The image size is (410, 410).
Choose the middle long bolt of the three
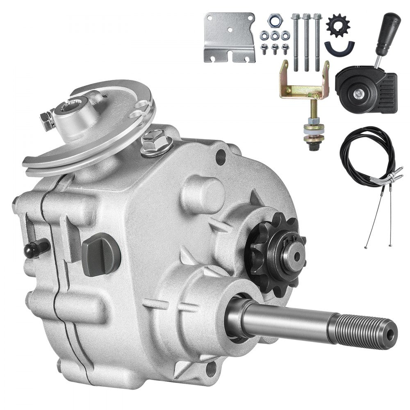coord(306,41)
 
